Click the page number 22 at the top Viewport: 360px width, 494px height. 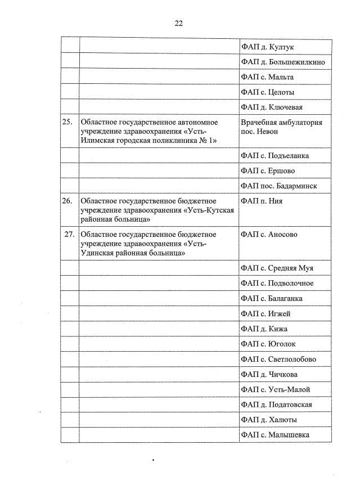tap(179, 23)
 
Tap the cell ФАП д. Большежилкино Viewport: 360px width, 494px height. tap(282, 62)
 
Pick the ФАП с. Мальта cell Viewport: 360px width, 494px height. tap(267, 77)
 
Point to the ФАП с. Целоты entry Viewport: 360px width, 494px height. tap(267, 92)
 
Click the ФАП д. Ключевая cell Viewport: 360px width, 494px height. tap(272, 107)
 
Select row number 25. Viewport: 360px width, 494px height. tap(67, 122)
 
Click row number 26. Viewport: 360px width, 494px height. tap(67, 201)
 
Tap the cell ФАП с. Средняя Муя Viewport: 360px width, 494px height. tap(277, 268)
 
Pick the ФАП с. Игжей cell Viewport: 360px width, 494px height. tap(265, 313)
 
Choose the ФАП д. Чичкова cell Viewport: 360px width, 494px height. tap(269, 374)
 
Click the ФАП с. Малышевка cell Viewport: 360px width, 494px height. tap(275, 435)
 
